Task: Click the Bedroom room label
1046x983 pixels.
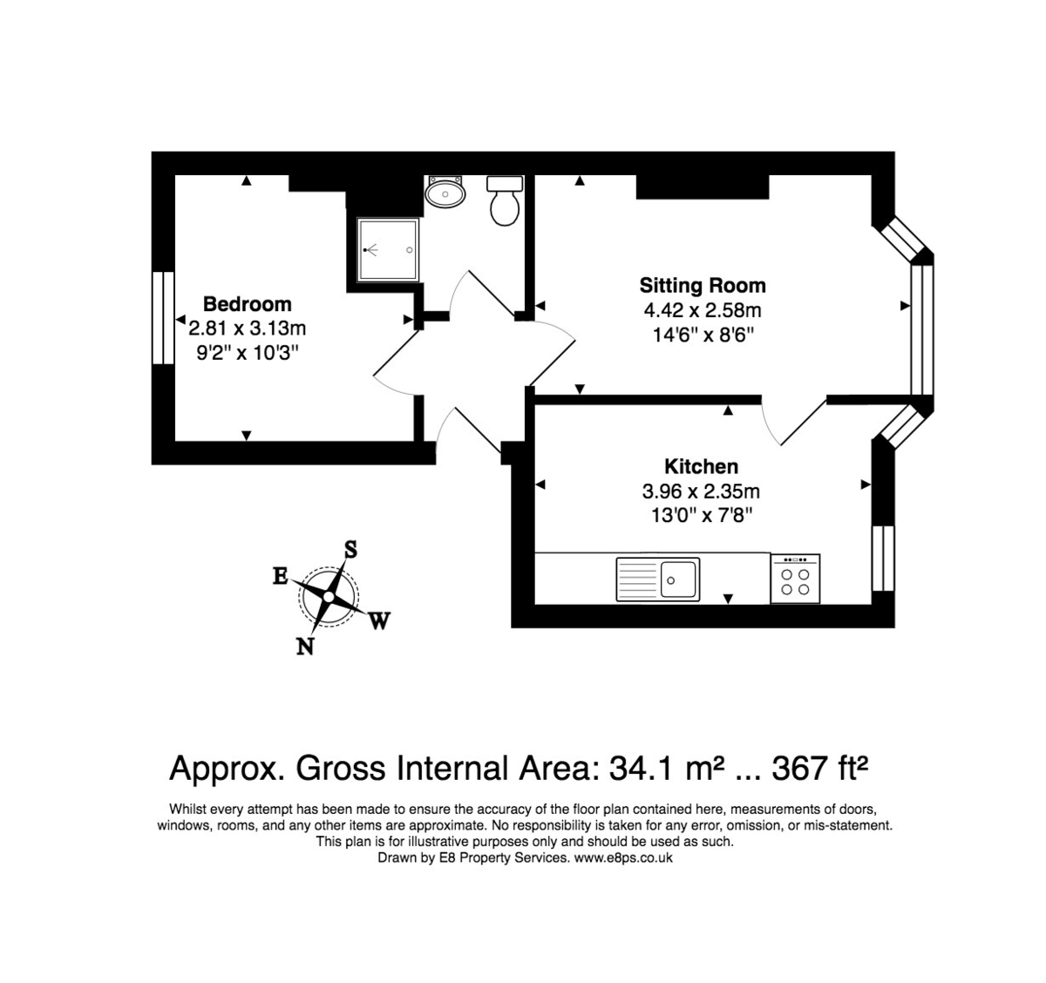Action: tap(247, 304)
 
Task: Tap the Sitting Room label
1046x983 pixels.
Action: tap(702, 286)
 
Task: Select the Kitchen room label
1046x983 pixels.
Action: tap(701, 466)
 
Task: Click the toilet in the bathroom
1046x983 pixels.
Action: tap(505, 201)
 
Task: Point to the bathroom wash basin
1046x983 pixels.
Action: tap(445, 193)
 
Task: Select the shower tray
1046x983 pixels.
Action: tap(388, 249)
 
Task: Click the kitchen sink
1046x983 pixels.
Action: tap(659, 579)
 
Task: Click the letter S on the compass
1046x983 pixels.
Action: tap(350, 549)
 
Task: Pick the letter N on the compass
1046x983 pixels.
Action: tap(305, 646)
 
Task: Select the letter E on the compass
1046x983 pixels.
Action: tap(280, 576)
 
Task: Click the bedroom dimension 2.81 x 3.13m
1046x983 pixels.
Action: tap(247, 329)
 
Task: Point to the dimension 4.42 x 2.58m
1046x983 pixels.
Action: tap(702, 310)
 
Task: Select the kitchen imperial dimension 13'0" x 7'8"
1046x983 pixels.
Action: tap(701, 515)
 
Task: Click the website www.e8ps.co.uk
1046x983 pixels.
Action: tap(622, 858)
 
